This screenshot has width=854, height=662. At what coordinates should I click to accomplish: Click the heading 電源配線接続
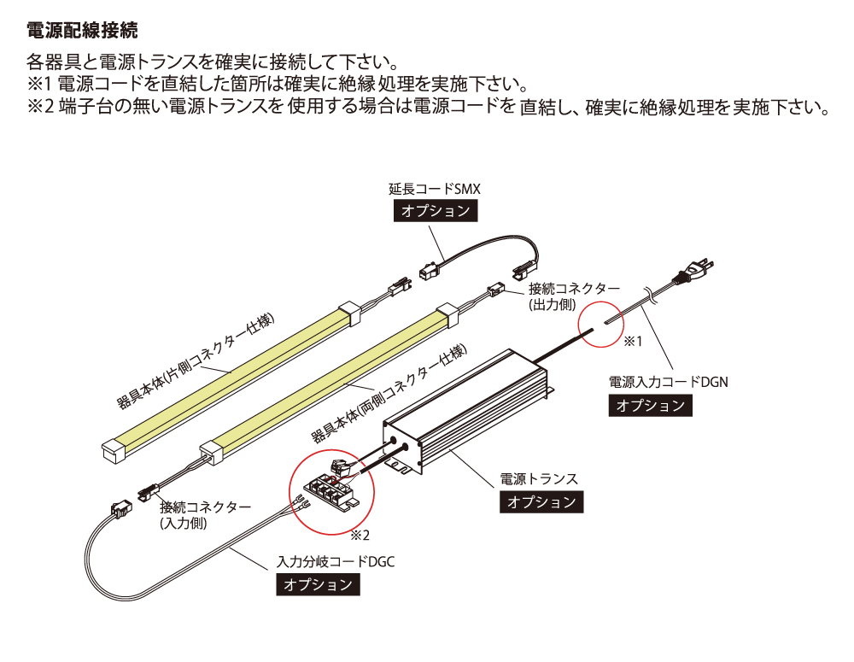(x=82, y=30)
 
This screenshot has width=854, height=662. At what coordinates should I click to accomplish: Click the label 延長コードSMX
(x=435, y=189)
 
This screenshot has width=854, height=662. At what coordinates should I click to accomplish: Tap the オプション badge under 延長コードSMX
(x=436, y=211)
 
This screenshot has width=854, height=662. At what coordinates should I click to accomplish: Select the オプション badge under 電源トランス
(x=541, y=501)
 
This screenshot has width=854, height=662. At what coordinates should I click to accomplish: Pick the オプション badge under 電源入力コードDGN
(x=650, y=406)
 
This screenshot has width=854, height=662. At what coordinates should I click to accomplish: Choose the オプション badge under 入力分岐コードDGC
(x=318, y=584)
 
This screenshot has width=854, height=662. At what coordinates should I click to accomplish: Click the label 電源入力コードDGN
(x=669, y=382)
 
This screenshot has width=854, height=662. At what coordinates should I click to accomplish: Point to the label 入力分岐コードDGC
(x=336, y=562)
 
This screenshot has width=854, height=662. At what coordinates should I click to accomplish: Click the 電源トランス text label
(x=539, y=479)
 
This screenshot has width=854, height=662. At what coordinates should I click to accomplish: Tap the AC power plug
(x=693, y=271)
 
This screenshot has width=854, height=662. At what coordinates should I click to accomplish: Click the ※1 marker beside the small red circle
(x=633, y=342)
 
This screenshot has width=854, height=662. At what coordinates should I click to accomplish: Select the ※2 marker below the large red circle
(x=360, y=536)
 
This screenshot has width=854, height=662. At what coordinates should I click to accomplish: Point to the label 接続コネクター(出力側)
(x=574, y=296)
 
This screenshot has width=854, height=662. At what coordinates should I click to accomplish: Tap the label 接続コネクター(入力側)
(x=205, y=515)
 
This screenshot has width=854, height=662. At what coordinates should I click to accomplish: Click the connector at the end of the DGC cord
(x=121, y=509)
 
